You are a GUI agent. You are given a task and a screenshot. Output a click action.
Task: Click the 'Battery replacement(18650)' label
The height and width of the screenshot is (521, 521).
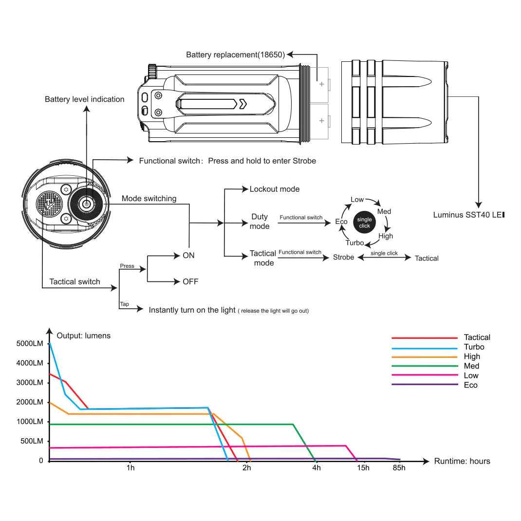pos(235,55)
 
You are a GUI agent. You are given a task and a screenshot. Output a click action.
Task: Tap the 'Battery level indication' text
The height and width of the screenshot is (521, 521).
pos(85,99)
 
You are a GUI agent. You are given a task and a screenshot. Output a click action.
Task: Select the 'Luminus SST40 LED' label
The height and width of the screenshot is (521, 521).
pos(468,215)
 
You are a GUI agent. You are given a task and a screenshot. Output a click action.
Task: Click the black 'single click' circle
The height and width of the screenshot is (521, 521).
pos(364,223)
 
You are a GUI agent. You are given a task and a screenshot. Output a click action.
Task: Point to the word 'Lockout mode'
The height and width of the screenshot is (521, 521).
pos(275,189)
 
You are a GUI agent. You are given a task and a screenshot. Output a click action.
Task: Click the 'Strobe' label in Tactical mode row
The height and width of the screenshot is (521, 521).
pos(343,257)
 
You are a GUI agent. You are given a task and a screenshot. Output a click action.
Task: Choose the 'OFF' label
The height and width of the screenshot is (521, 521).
pos(190,281)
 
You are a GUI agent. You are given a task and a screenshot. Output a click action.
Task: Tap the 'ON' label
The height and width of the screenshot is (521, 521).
pos(188,255)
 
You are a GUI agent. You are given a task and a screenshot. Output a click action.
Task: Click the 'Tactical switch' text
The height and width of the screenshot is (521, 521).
pos(74,281)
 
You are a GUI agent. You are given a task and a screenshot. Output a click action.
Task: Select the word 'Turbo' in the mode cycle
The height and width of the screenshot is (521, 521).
pos(354,242)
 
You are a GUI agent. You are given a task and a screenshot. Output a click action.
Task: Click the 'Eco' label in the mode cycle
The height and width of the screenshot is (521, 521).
pos(341,222)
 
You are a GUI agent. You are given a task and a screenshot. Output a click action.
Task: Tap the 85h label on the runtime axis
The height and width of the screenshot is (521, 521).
pos(399,468)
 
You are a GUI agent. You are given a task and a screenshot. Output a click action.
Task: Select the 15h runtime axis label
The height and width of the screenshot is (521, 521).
pos(363,468)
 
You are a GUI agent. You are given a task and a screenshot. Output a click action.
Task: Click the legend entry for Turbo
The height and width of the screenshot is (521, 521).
pos(474,347)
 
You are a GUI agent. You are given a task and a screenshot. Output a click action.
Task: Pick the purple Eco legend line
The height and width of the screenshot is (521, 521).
pos(425,385)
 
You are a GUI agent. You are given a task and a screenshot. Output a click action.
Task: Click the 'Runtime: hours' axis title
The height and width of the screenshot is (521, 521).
pos(462,461)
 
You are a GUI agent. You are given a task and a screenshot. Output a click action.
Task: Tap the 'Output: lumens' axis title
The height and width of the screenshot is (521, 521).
pos(84,335)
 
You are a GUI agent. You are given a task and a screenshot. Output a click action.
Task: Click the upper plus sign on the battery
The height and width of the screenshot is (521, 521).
pos(321,84)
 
